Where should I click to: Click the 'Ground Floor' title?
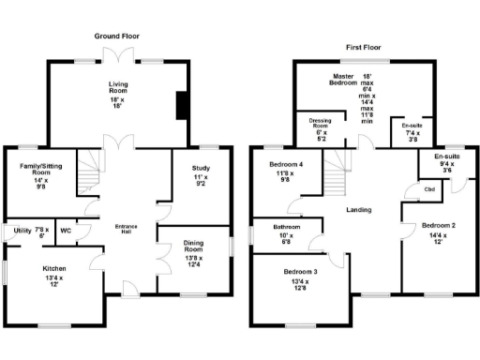[116, 35]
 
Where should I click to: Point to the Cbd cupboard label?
[429, 189]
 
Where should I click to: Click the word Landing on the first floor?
[359, 211]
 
